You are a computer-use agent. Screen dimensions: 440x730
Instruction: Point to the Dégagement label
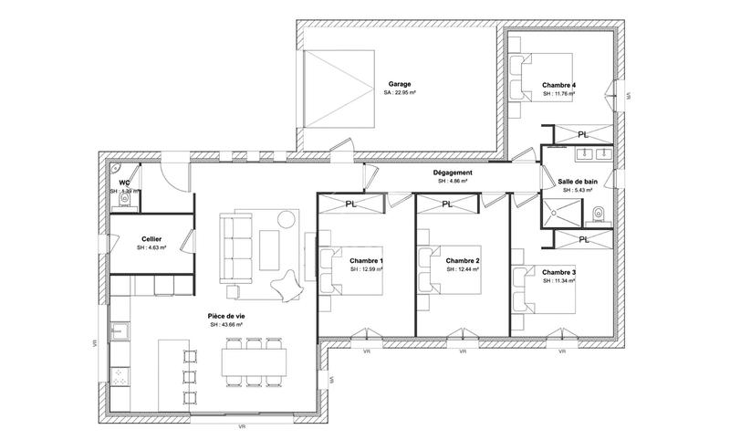click(453, 173)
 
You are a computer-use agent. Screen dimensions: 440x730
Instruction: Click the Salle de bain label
click(577, 182)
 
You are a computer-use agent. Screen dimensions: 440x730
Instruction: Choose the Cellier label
click(151, 239)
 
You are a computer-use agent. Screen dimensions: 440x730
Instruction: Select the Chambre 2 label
click(463, 260)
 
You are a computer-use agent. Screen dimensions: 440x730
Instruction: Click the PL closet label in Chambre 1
click(351, 204)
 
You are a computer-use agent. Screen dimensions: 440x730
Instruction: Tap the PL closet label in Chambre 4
click(583, 134)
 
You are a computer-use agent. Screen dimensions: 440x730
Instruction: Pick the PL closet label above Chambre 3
click(583, 239)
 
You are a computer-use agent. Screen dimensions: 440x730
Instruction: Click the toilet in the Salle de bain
click(598, 214)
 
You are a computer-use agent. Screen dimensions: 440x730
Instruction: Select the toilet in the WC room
click(124, 204)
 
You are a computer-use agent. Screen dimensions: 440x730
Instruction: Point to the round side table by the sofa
click(287, 219)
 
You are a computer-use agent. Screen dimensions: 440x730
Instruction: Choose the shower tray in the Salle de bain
click(558, 211)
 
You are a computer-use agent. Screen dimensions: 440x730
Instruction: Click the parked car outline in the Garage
click(338, 90)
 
